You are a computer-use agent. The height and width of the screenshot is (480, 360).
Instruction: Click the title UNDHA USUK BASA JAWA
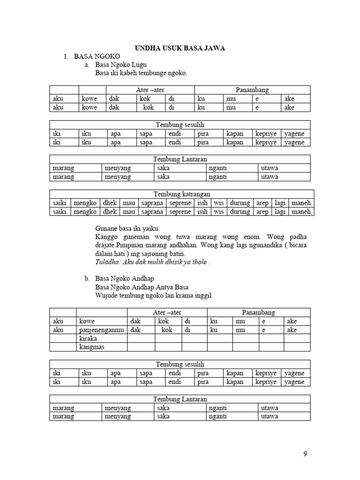(x=180, y=48)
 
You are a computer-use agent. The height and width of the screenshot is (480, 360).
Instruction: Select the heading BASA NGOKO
(x=97, y=56)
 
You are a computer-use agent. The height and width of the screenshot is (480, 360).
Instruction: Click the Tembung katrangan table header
(x=182, y=194)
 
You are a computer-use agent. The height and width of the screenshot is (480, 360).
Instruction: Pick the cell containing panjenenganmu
(x=102, y=330)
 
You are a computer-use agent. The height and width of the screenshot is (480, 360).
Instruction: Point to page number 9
(x=305, y=454)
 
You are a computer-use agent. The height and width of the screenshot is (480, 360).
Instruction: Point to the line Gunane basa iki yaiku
(x=127, y=229)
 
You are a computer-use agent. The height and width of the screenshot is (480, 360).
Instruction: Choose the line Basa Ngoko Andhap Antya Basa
(x=142, y=287)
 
